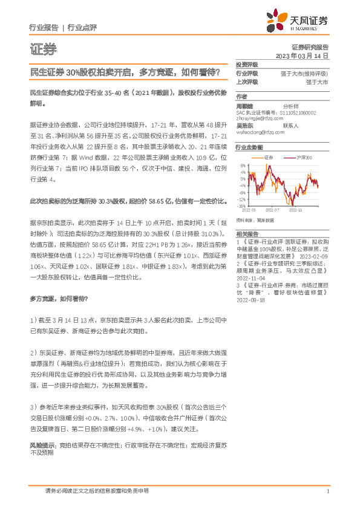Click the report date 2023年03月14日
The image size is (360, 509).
click(x=301, y=55)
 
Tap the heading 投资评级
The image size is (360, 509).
click(x=247, y=64)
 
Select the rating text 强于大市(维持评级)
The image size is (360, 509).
click(x=304, y=73)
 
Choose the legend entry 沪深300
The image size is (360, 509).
click(x=304, y=157)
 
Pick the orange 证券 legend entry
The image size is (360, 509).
click(x=266, y=157)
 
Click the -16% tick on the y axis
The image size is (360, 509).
click(x=241, y=206)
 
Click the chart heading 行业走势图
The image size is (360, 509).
click(x=249, y=147)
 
